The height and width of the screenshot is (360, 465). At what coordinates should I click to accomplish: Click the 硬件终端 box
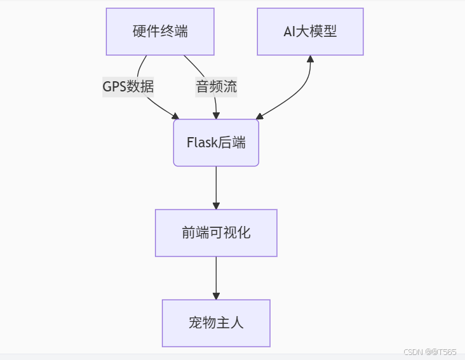click(x=160, y=31)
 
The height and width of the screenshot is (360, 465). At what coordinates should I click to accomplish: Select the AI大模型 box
click(x=310, y=31)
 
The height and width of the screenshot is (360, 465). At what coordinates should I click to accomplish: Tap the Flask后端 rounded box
click(x=216, y=142)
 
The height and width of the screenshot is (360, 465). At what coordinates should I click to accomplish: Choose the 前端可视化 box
click(x=216, y=233)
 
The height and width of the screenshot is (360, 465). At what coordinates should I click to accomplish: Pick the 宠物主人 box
click(x=216, y=323)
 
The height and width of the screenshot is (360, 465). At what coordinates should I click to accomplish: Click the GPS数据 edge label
click(x=128, y=87)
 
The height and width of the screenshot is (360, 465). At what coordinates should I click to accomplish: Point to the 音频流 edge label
click(x=216, y=87)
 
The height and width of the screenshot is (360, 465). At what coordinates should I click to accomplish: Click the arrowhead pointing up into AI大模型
click(x=310, y=58)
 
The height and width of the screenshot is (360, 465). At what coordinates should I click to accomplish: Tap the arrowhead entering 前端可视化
click(x=216, y=206)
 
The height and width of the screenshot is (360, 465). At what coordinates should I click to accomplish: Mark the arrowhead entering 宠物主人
click(x=216, y=296)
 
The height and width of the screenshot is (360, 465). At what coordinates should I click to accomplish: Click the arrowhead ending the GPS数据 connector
click(x=175, y=116)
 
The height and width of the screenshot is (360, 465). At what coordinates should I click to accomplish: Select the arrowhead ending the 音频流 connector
click(x=216, y=116)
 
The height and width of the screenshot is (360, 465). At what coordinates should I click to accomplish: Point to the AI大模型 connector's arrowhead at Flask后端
click(x=260, y=116)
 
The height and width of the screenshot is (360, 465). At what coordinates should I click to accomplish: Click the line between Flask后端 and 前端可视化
click(x=216, y=184)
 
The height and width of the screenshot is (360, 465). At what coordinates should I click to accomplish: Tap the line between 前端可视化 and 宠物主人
click(x=216, y=275)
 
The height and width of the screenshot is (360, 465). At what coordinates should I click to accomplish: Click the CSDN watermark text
click(x=430, y=352)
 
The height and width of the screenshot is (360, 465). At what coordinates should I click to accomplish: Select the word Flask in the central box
click(x=202, y=142)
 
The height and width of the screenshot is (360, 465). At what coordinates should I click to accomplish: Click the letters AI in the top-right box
click(x=289, y=31)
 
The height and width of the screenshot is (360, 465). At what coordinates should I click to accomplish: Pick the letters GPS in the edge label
click(x=114, y=87)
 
